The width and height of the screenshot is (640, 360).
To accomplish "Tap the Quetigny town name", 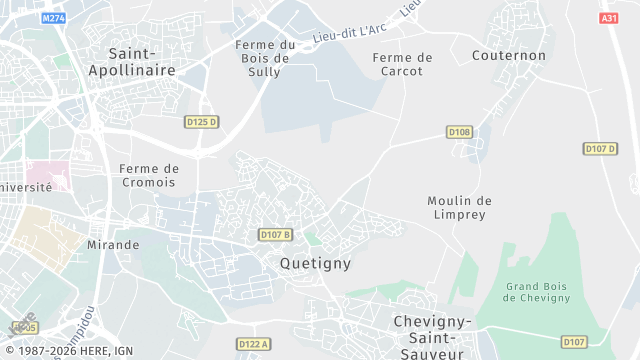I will point(316,264).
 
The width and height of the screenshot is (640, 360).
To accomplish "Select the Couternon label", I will point(509,56).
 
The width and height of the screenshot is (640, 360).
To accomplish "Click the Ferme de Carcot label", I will point(403,64).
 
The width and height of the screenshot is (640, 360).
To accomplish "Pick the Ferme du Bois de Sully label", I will point(265,58).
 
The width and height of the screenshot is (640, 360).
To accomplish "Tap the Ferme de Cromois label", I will point(148,175).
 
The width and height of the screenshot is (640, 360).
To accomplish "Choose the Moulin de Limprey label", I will point(459,207).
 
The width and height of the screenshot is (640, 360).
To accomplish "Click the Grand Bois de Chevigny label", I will point(537,292).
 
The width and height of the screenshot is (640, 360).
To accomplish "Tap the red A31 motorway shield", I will point(609,18).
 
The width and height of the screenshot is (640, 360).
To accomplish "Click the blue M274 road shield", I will point(54,18).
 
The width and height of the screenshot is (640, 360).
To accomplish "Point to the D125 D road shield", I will point(201,122).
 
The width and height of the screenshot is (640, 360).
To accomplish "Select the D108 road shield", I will point(459,132).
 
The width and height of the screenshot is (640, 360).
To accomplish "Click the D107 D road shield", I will point(599,149).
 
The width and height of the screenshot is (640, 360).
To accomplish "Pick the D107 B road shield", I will point(275,235).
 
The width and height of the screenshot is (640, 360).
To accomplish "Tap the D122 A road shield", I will point(253,344).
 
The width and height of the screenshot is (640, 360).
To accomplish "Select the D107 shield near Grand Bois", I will point(574,342).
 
